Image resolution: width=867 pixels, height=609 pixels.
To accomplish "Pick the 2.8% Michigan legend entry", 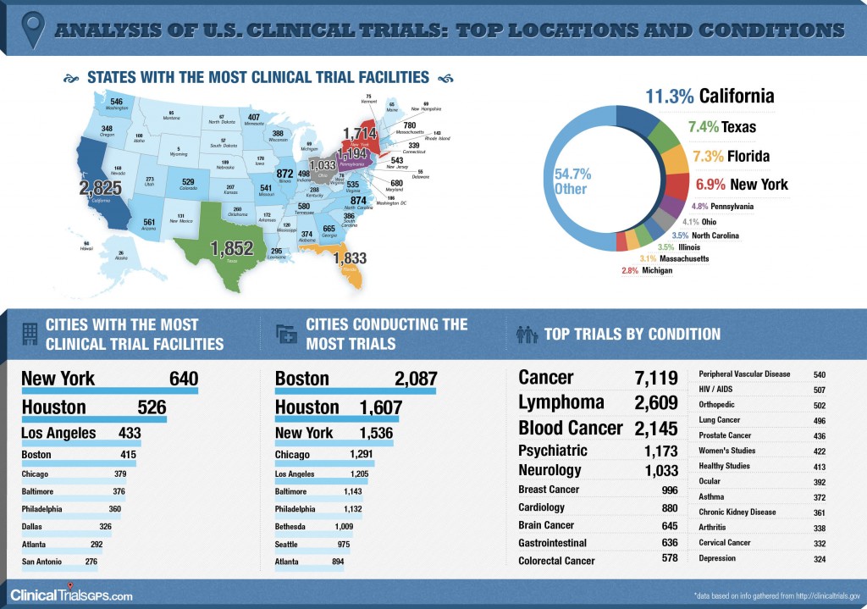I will click(645, 270).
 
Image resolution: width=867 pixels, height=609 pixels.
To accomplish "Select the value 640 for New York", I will click(183, 379).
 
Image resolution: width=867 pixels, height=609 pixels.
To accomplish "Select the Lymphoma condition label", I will click(561, 402).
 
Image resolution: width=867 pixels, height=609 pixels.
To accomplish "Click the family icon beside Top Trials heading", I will click(527, 335).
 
